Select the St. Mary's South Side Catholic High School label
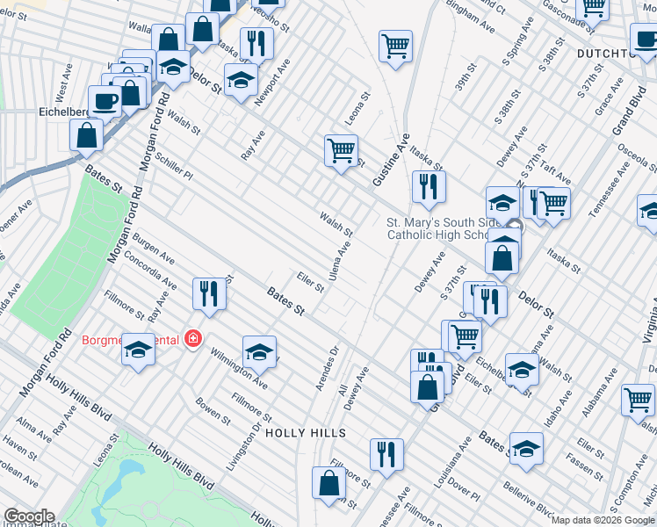[445, 228]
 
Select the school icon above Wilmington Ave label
[259, 352]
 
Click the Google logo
[29, 516]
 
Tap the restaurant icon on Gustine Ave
[429, 186]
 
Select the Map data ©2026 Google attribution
[603, 521]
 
